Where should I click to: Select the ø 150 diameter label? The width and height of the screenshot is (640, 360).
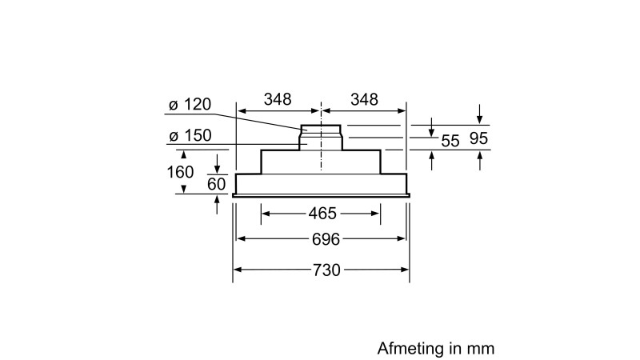coord(190,136)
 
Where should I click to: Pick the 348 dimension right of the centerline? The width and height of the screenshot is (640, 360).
coord(364,100)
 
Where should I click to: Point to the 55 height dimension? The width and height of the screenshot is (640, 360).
coord(450,141)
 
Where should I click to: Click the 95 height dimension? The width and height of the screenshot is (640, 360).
coord(478,139)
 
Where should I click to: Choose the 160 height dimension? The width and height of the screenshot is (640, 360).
coord(181,171)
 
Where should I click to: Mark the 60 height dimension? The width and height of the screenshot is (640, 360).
coord(217,184)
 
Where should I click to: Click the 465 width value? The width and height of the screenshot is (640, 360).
coord(321,214)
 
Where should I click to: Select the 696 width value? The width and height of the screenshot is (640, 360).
coord(321,240)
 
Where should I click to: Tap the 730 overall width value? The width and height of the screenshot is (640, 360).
coord(321,270)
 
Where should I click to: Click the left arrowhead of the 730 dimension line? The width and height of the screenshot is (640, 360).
coord(238,270)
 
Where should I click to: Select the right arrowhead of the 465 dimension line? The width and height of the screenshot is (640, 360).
coord(375,214)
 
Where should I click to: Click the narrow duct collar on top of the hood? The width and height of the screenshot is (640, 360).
coord(322,130)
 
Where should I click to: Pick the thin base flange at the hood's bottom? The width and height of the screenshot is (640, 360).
coord(321,194)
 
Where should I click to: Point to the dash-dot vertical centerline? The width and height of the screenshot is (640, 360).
coord(321,160)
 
